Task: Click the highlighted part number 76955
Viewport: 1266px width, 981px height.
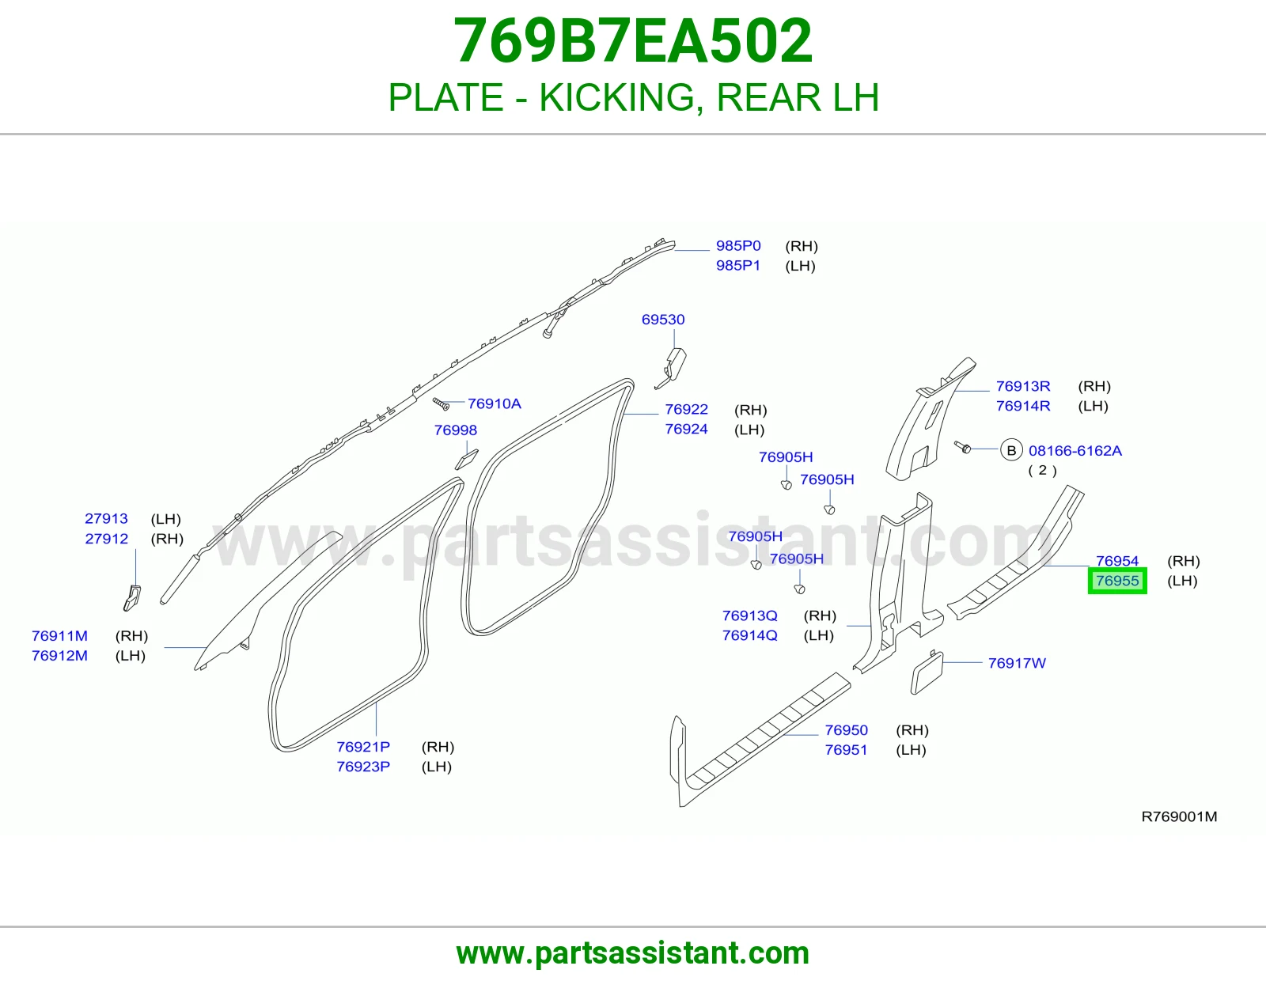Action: (1117, 581)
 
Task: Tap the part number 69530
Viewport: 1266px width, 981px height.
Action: (663, 320)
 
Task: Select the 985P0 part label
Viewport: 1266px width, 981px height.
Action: (738, 246)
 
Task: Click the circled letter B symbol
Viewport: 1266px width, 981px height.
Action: (1011, 450)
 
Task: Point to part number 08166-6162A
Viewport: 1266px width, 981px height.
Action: (1075, 450)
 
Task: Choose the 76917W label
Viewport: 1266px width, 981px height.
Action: (1017, 663)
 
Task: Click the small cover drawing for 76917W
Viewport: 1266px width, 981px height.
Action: (927, 672)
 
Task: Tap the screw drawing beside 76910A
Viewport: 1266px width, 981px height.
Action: (441, 403)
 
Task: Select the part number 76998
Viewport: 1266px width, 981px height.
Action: (456, 430)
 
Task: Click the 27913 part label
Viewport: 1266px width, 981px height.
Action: (106, 518)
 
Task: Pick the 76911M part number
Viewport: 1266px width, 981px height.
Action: (59, 635)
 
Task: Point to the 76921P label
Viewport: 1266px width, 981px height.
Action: (363, 746)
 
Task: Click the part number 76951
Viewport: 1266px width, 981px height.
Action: (846, 750)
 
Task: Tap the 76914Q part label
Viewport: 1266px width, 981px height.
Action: (750, 635)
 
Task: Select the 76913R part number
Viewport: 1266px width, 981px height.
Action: (1023, 386)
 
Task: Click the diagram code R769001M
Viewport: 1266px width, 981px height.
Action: (1179, 816)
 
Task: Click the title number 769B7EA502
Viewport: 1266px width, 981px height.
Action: (633, 40)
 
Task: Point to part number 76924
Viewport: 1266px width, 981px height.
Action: (686, 429)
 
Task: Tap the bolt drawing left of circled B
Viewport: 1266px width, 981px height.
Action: (962, 448)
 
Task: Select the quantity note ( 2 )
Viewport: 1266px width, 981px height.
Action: (1042, 470)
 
